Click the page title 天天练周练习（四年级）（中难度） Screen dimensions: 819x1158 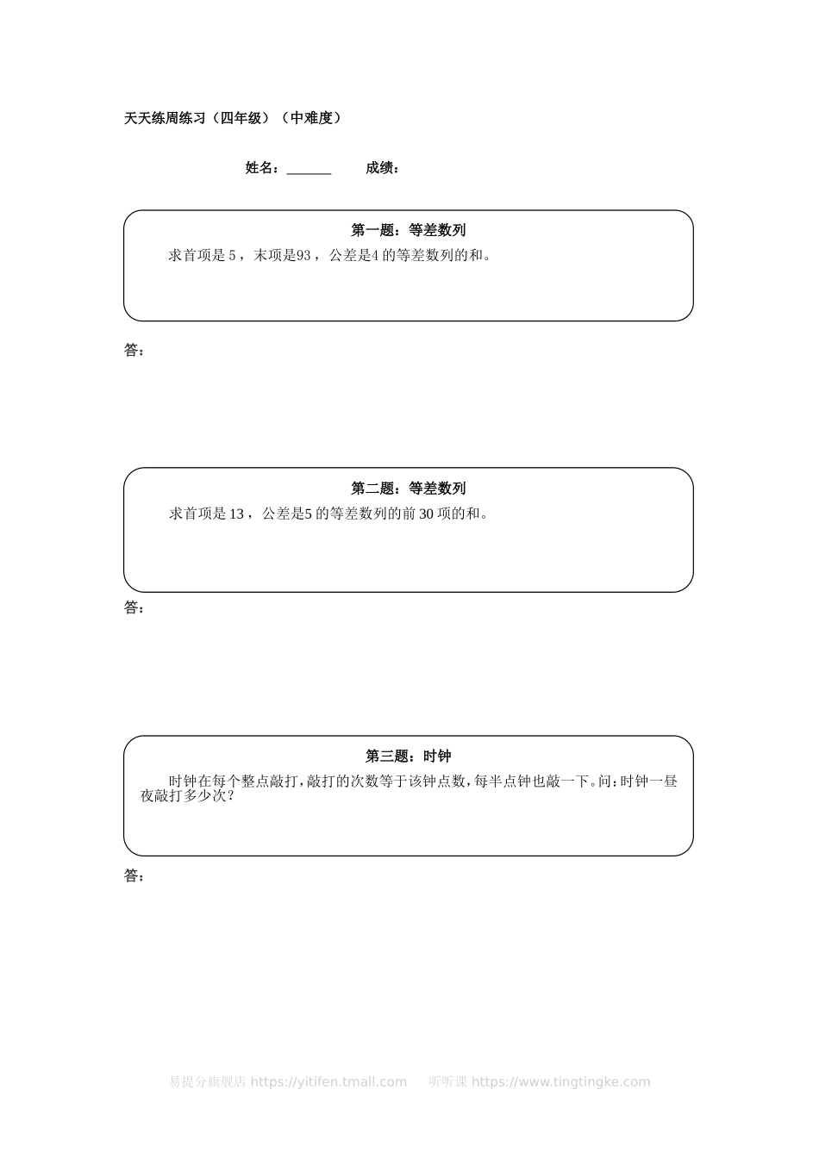coord(233,118)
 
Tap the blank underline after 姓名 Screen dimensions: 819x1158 coord(309,169)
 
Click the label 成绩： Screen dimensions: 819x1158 coord(382,168)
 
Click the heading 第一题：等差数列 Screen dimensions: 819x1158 coord(409,230)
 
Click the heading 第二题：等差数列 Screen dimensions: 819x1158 coord(409,489)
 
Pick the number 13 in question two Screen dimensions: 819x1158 coord(236,514)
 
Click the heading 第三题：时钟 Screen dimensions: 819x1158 coord(409,756)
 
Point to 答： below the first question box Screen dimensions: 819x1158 coord(134,351)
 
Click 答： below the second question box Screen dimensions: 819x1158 coord(134,608)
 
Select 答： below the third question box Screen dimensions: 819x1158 coord(134,876)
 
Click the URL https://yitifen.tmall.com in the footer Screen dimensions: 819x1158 coord(328,1082)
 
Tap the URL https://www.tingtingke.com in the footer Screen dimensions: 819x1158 coord(561,1082)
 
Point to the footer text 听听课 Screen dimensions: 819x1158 coord(447,1082)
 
